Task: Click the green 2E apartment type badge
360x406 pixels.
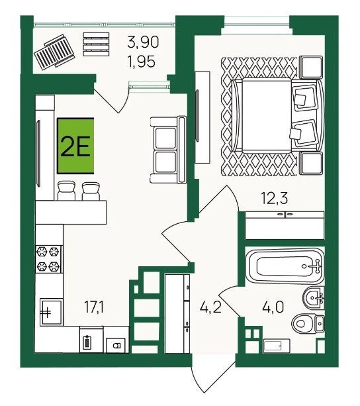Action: pos(75,146)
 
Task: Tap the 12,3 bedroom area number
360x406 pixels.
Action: pos(275,199)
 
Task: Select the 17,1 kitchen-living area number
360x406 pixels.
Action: pos(94,307)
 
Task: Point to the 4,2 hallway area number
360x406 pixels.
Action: pos(211,307)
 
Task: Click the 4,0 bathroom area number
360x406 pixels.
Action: pos(273,307)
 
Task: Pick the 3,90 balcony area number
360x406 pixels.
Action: pos(143,42)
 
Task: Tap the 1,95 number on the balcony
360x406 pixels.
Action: pos(142,62)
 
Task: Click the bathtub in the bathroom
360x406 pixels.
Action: pos(285,266)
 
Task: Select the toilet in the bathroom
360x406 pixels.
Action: pos(308,323)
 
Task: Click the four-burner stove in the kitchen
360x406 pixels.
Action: pos(48,259)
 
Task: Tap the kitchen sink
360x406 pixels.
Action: pos(51,311)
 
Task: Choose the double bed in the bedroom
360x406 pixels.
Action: pos(278,115)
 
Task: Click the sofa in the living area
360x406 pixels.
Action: pos(168,150)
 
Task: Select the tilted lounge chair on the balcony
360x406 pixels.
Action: pos(54,51)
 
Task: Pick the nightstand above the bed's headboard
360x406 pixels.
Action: pos(311,67)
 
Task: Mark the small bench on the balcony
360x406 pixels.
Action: pos(96,44)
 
